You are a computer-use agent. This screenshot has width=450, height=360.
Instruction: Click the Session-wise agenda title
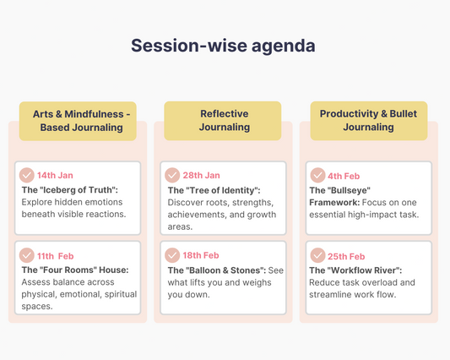[223, 46]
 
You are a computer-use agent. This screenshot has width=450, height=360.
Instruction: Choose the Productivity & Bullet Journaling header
[368, 121]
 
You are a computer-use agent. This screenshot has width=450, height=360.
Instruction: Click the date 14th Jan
[55, 176]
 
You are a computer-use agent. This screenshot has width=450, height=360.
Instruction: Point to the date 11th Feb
[56, 256]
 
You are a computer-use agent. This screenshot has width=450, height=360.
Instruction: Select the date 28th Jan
[201, 176]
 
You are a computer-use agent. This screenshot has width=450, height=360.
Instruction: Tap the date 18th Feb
[201, 255]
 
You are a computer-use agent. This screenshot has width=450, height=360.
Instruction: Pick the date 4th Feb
[344, 176]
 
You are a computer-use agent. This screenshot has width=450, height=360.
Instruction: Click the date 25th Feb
[346, 256]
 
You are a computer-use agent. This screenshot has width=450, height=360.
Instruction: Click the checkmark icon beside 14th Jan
[27, 175]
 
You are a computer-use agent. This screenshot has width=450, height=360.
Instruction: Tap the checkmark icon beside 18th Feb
[172, 254]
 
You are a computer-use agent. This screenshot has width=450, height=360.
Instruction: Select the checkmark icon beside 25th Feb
[317, 254]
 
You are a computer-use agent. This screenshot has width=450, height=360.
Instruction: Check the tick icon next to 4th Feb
[317, 175]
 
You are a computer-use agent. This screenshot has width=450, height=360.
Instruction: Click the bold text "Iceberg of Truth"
[79, 189]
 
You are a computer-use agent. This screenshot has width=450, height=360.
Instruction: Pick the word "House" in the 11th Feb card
[111, 270]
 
